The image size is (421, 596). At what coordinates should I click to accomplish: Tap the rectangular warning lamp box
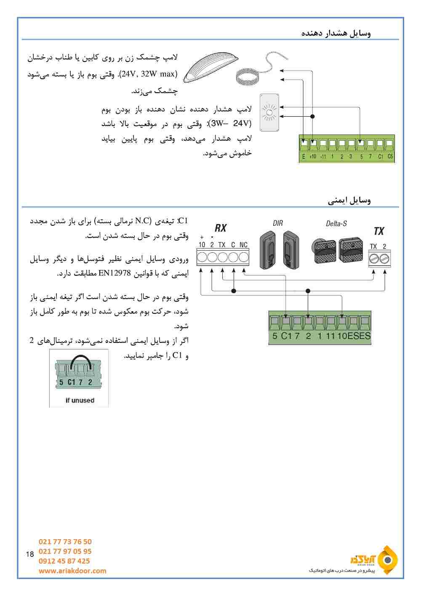click(269, 112)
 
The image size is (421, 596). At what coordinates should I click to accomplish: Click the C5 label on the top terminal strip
click(390, 157)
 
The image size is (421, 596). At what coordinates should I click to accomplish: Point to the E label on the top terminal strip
click(304, 157)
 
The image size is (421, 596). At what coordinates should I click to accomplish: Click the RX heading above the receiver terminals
click(221, 228)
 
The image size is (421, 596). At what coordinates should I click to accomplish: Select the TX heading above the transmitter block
click(379, 231)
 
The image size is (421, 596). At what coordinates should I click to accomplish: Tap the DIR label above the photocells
click(278, 223)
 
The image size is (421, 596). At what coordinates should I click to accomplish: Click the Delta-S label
click(336, 224)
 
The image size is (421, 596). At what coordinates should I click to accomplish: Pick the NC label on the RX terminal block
click(244, 245)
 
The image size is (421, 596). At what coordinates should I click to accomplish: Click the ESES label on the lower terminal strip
click(359, 336)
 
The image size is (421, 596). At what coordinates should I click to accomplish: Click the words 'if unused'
click(80, 401)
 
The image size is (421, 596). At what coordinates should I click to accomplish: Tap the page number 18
click(29, 554)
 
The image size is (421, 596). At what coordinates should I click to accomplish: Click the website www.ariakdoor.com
click(72, 571)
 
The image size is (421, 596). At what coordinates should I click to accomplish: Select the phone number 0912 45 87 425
click(64, 561)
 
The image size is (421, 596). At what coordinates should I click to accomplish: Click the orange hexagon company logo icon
click(387, 560)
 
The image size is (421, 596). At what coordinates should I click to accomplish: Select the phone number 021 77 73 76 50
click(65, 542)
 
